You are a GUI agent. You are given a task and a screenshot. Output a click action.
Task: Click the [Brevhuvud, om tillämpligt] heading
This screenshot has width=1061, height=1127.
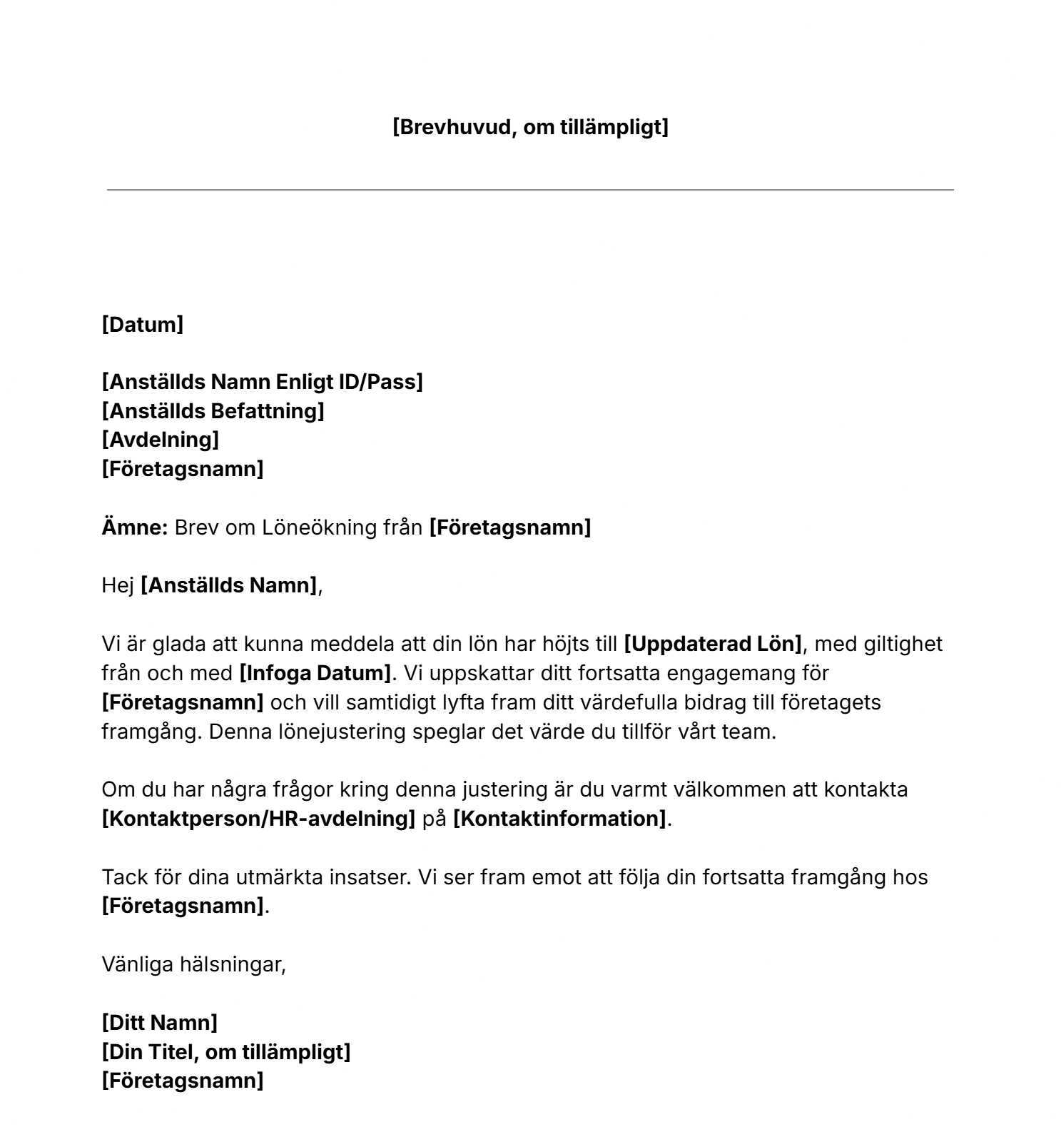click(530, 128)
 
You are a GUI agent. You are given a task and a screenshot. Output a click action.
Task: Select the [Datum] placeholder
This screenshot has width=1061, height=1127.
click(143, 325)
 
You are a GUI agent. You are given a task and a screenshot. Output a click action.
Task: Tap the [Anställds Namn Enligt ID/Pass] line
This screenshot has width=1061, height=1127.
click(262, 383)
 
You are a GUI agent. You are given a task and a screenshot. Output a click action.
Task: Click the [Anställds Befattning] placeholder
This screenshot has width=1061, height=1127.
click(213, 411)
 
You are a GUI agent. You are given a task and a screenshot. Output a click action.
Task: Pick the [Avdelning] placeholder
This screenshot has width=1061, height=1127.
click(160, 440)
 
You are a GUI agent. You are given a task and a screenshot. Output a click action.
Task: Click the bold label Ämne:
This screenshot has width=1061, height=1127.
click(134, 527)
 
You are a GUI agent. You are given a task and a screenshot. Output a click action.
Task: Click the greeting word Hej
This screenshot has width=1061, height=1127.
click(118, 586)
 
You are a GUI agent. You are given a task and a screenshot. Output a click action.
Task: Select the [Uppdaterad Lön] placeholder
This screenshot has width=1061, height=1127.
click(713, 644)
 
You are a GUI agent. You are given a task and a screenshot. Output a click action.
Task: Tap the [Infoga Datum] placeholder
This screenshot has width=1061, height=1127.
click(315, 673)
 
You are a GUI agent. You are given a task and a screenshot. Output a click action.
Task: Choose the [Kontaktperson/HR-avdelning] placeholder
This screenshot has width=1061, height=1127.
click(258, 819)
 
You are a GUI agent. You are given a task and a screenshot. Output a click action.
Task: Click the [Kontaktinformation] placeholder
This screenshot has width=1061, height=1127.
click(559, 819)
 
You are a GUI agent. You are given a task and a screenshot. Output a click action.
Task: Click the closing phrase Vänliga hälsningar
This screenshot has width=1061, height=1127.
click(193, 965)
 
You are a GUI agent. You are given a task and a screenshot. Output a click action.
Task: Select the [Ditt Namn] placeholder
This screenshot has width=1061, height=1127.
click(159, 1023)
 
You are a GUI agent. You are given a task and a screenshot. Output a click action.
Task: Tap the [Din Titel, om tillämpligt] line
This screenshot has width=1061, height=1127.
click(225, 1052)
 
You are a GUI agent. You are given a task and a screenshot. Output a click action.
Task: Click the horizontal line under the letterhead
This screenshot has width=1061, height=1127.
click(530, 190)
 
